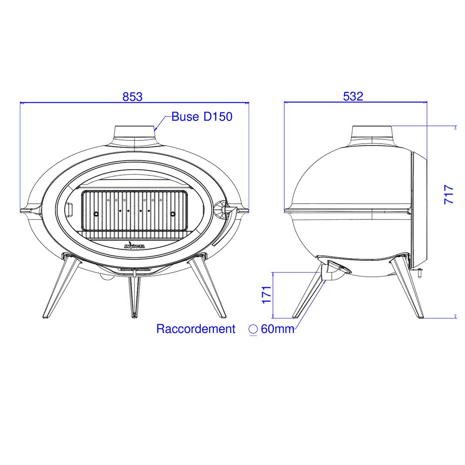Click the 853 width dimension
tap(132, 97)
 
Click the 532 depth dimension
tap(353, 96)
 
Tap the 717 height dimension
tap(449, 194)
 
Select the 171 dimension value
tap(266, 295)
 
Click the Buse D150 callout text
tap(202, 117)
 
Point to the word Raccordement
tap(196, 329)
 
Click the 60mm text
tap(277, 329)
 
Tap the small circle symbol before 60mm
tap(253, 329)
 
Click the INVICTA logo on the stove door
tap(134, 246)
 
